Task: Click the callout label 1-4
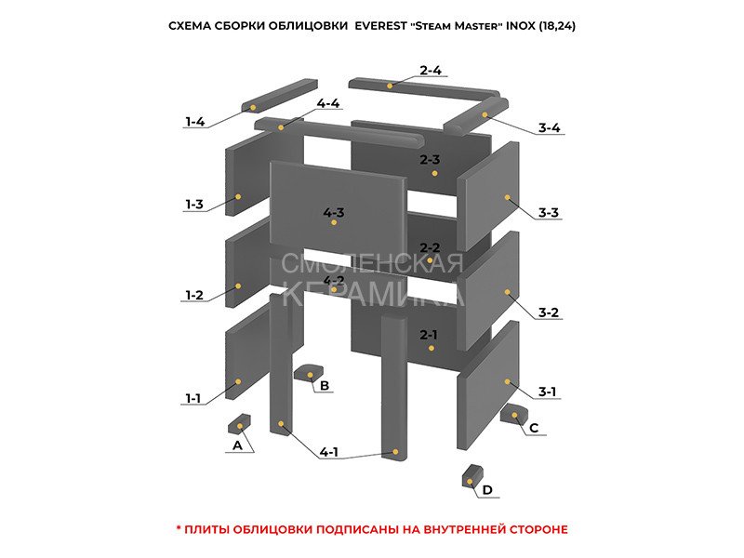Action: (194, 122)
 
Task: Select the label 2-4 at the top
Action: (431, 71)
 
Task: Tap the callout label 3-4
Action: (549, 127)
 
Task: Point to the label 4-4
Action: (328, 103)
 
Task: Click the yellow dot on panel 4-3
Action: (334, 222)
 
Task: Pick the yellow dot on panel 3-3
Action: (507, 197)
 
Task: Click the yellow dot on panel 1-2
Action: (238, 286)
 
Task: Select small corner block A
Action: (239, 423)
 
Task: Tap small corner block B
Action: (309, 373)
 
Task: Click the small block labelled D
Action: (472, 475)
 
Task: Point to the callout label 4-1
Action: (329, 452)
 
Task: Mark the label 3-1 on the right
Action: (547, 392)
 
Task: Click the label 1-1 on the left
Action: (193, 398)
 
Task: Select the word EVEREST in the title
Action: (380, 26)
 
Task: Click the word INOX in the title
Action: (521, 26)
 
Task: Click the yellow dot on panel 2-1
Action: (431, 348)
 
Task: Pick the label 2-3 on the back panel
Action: (430, 159)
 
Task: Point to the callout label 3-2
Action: (549, 312)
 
